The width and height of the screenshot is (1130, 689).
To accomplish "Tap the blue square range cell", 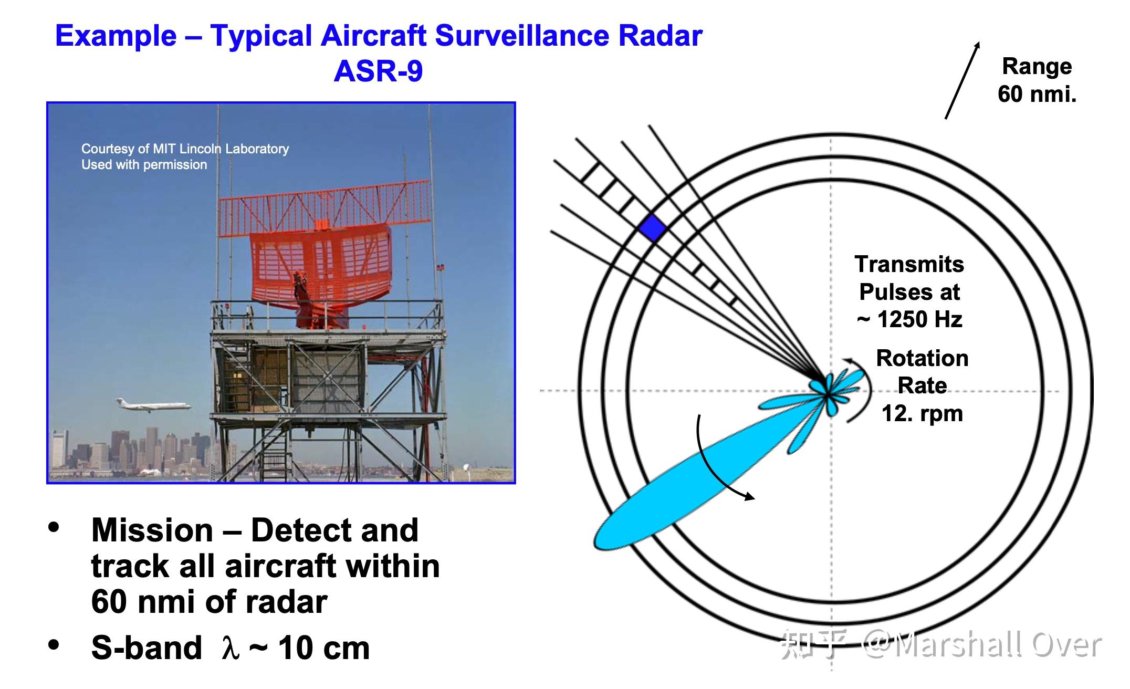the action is [x=653, y=228].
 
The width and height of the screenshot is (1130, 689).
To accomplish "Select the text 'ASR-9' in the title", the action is [x=378, y=71].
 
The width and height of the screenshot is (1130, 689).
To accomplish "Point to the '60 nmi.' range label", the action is [x=1037, y=94].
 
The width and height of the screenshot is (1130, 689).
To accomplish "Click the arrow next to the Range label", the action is [x=962, y=80].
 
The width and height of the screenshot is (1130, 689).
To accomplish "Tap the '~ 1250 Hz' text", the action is [x=909, y=319].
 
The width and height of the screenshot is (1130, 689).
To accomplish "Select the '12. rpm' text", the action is [x=922, y=413].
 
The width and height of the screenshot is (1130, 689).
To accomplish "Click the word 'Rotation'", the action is [x=922, y=358].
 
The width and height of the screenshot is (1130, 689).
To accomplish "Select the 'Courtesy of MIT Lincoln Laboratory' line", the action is [x=185, y=149].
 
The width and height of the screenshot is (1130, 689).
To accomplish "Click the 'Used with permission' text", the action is [x=144, y=164].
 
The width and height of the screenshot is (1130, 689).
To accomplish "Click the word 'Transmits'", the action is [x=909, y=264].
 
